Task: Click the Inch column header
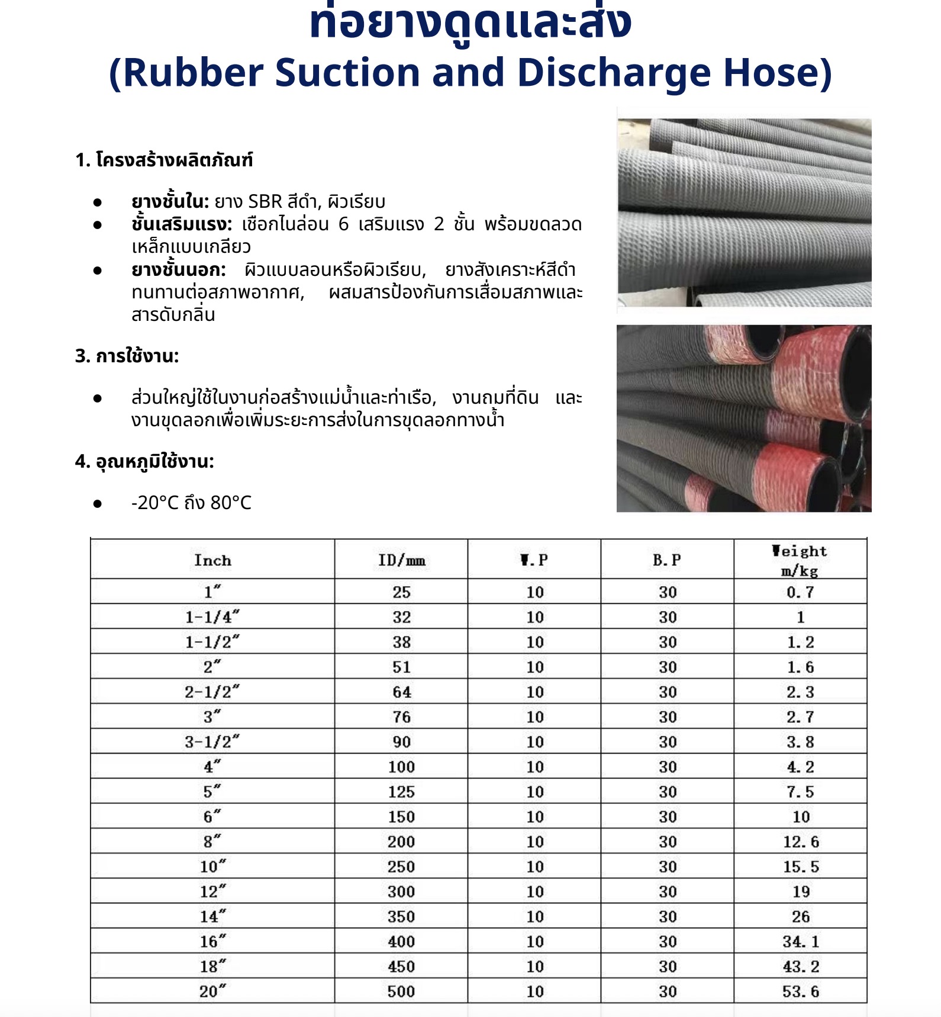pos(212,560)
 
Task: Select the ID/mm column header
pos(401,560)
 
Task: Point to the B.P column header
pos(667,560)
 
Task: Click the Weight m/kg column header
pos(800,560)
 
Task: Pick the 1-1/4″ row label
pos(212,617)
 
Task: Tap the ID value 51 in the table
pos(401,667)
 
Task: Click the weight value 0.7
pos(800,592)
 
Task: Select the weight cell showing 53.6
pos(800,992)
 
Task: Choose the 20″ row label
pos(212,992)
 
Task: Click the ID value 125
pos(401,792)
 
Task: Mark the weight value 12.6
pos(801,842)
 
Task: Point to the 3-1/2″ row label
pos(212,742)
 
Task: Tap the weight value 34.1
pos(801,942)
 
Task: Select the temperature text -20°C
pos(155,503)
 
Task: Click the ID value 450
pos(401,967)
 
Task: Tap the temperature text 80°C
pos(231,503)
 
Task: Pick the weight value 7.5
pos(800,792)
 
